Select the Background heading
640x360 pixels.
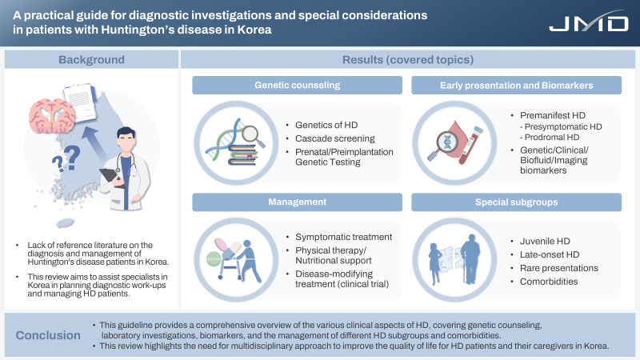tap(90, 60)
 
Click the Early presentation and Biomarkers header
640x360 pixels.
tap(515, 86)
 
